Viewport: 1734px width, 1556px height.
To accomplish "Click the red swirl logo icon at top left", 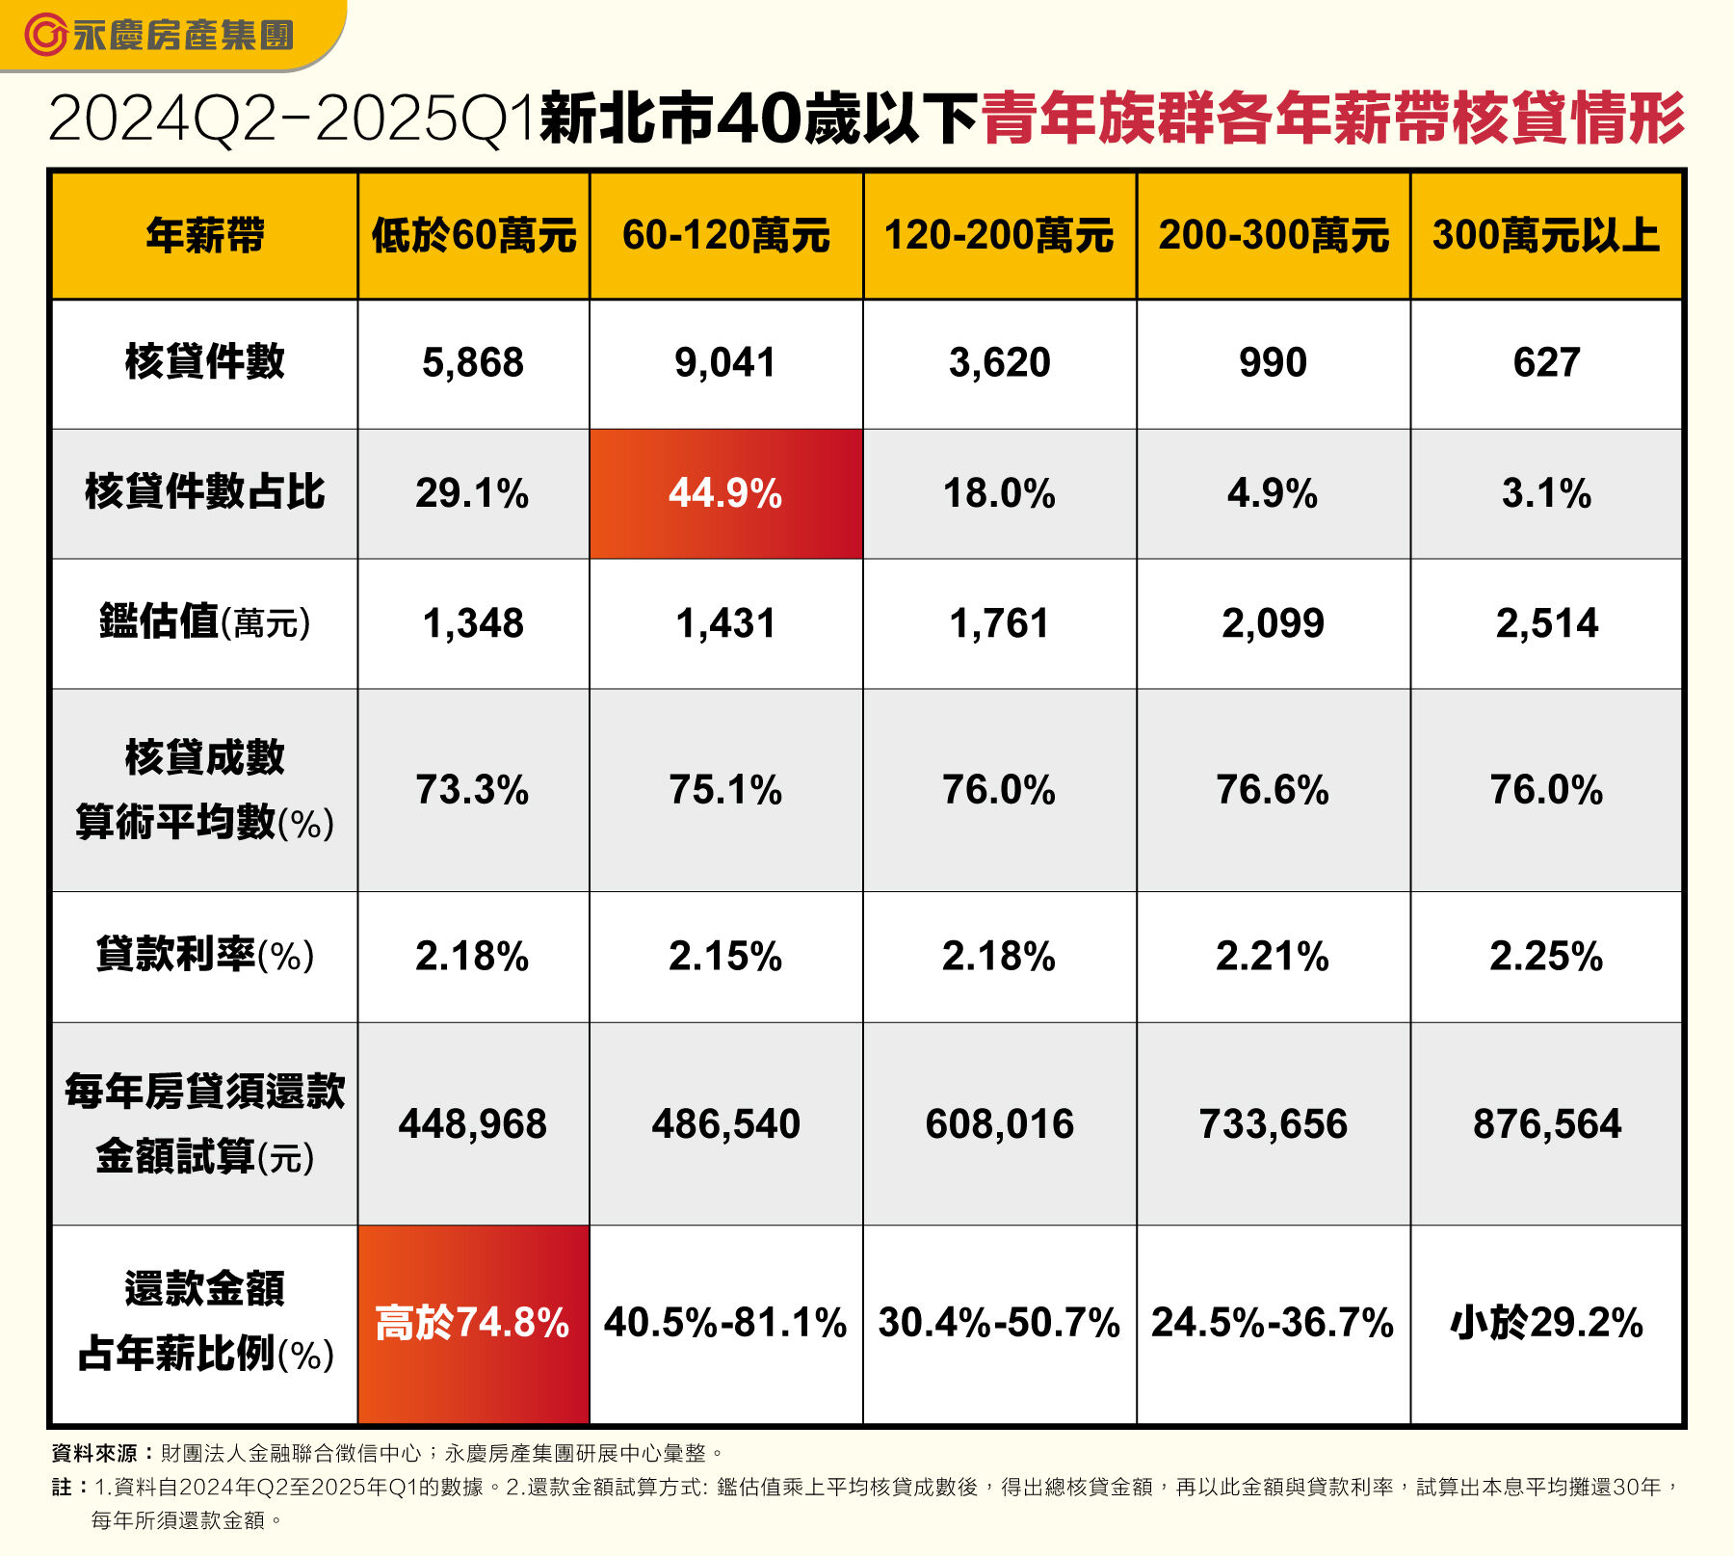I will pos(44,36).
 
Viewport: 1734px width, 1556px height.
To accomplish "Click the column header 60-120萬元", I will pos(725,236).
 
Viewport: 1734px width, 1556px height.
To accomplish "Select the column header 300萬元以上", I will pos(1545,236).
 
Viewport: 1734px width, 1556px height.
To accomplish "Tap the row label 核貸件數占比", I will pos(204,492).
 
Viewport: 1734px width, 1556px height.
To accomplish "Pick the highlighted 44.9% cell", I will pos(725,493).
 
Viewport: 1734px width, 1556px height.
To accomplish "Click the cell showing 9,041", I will pos(725,363).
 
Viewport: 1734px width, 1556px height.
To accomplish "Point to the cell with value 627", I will pos(1545,363).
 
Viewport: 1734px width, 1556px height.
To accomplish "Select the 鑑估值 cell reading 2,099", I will pos(1273,623).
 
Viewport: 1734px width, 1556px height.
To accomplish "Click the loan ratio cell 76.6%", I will pos(1273,790).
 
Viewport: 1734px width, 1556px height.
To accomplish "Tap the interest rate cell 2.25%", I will pos(1545,957).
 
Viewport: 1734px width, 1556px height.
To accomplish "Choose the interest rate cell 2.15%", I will pos(725,957).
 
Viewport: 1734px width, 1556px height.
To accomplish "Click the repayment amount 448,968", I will pos(472,1124).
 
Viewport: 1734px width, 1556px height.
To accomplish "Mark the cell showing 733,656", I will pos(1273,1124).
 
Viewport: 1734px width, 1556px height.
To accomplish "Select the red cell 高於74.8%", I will pos(472,1323).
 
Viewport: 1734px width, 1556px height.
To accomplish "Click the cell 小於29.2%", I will pos(1545,1323).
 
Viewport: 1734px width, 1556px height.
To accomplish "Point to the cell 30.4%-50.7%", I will pos(999,1323).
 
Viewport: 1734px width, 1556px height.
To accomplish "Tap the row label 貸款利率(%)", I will pos(204,956).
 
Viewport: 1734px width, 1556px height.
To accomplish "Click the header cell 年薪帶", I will pos(204,236).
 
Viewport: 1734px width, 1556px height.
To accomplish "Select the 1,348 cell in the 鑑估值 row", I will pos(472,623).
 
